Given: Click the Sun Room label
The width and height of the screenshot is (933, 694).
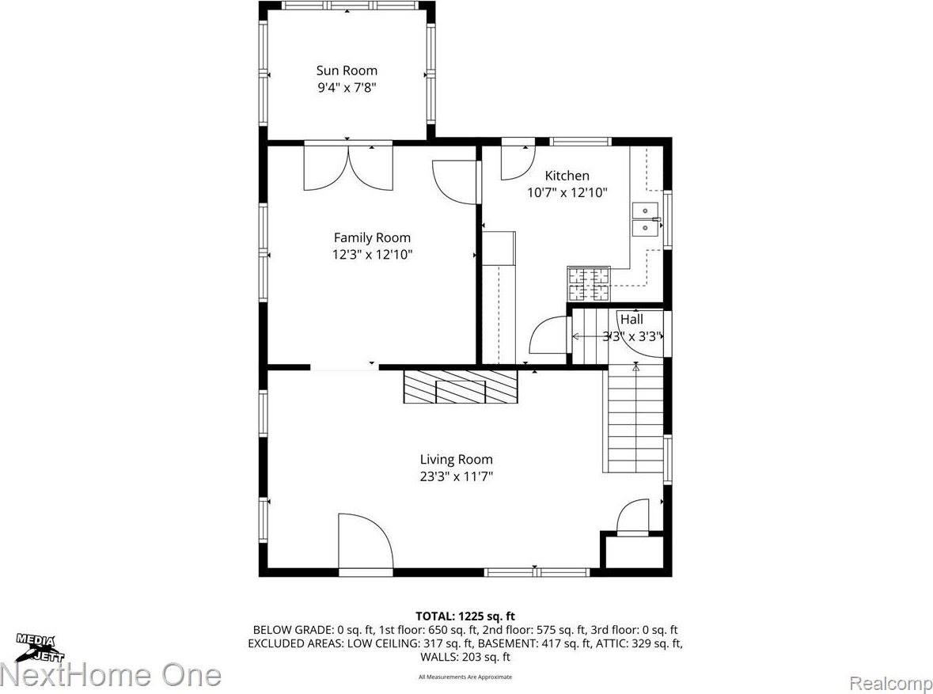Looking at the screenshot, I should (347, 70).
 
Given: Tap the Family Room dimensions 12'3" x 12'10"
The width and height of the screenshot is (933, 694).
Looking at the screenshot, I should (372, 255).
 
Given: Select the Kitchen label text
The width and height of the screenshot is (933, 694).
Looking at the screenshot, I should (567, 176).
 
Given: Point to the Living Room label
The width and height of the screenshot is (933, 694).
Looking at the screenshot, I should (456, 459).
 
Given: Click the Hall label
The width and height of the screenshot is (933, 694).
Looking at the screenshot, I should (631, 320).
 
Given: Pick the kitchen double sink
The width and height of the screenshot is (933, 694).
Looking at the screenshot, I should (647, 219).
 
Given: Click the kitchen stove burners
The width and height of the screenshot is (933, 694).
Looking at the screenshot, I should (588, 284).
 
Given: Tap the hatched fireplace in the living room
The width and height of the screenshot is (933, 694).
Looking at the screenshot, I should (460, 386).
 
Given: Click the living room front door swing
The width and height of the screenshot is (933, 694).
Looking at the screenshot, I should (364, 542).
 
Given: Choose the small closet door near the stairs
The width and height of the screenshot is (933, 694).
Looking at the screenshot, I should (632, 518).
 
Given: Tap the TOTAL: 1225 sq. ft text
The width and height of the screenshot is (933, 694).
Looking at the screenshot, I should (465, 616).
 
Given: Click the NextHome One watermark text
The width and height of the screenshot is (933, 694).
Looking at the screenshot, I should (111, 675).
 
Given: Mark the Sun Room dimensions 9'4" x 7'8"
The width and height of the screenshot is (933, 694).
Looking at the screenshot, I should (347, 88).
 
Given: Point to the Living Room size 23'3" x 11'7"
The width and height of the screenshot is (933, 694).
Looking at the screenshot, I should (456, 476).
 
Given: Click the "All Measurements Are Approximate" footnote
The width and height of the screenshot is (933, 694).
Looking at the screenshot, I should (465, 677).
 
